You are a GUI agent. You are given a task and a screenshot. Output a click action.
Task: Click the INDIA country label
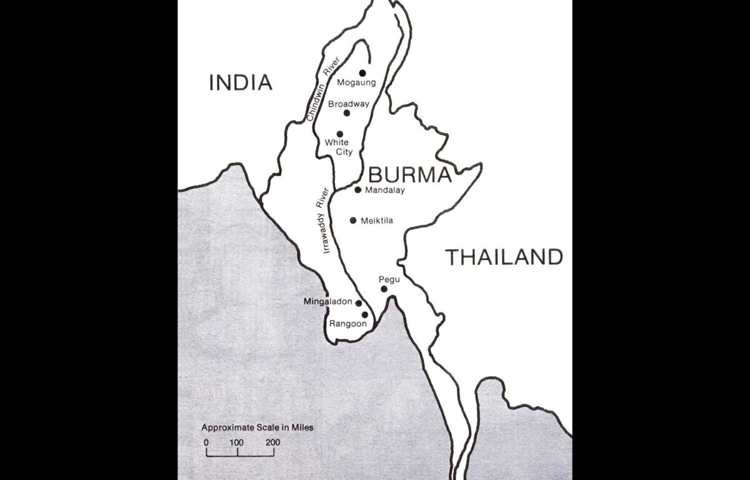(241, 82)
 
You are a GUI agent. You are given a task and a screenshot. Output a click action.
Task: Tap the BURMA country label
(409, 174)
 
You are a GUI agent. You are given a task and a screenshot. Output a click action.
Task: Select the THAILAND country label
(504, 257)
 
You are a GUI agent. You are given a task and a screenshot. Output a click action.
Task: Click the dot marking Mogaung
(362, 72)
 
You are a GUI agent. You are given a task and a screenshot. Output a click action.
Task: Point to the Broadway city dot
(347, 113)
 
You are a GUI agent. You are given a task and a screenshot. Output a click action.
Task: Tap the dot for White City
(340, 134)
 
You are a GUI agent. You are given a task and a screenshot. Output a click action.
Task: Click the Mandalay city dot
(358, 189)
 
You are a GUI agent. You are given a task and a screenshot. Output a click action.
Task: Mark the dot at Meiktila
(353, 220)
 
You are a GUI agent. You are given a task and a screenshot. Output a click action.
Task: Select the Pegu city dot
(384, 289)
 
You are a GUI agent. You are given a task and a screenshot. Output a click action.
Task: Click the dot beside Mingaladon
(359, 303)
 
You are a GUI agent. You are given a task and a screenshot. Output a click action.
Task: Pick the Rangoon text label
(345, 324)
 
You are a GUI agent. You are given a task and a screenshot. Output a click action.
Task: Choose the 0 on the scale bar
(207, 443)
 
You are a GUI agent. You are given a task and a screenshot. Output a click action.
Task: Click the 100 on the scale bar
(236, 443)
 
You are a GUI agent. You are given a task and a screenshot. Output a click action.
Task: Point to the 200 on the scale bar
(272, 443)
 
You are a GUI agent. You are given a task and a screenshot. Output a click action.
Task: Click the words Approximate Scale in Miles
(257, 428)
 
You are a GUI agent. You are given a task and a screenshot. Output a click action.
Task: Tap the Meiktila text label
(377, 221)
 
